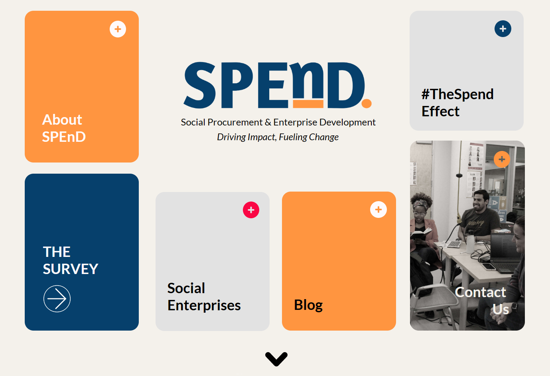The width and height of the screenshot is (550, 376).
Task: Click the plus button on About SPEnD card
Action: pos(118,29)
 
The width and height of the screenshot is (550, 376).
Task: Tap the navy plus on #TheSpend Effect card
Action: pos(503,29)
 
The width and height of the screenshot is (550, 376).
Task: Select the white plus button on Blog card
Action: pos(378,210)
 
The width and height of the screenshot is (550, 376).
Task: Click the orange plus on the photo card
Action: pos(502,159)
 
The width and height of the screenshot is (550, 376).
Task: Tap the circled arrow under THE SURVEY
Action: pos(57,299)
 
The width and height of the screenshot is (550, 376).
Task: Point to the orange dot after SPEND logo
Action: pos(367,103)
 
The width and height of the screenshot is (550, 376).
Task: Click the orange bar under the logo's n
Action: pos(308,104)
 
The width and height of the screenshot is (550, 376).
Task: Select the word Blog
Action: pos(308,305)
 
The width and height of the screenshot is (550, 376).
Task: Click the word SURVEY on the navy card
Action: pos(71,269)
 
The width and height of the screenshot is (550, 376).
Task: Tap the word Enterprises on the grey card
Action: pos(204,305)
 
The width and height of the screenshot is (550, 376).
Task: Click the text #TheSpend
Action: pos(457,94)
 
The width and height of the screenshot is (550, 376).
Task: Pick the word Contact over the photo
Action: pos(481,292)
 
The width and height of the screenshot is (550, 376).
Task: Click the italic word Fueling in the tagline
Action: pos(293,137)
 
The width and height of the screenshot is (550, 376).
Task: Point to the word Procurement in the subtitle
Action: pos(235,122)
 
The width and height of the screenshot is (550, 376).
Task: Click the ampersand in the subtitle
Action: pos(268,122)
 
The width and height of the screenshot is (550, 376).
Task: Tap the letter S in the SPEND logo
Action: pos(200,85)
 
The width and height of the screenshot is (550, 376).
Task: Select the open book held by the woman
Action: pos(420,233)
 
